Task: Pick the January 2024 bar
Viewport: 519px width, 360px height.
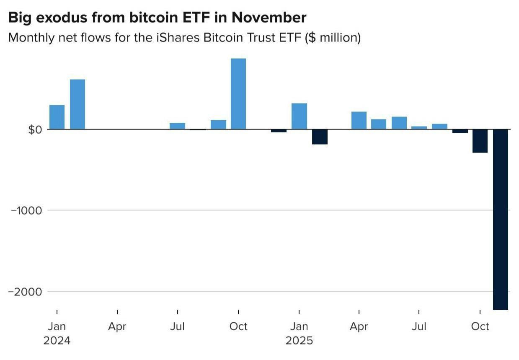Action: [57, 117]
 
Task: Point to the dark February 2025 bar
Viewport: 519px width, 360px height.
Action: [320, 137]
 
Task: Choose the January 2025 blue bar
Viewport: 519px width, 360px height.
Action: [299, 116]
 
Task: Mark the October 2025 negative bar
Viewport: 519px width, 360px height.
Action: [480, 141]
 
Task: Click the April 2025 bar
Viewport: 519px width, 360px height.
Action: [359, 120]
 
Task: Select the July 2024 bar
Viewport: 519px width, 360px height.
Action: [178, 126]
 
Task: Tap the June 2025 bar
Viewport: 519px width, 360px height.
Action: [399, 123]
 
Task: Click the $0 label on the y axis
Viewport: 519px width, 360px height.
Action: [35, 129]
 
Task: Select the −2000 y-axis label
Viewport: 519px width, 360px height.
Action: [26, 292]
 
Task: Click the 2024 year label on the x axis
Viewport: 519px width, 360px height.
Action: [57, 340]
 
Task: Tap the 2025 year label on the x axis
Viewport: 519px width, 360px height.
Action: [299, 340]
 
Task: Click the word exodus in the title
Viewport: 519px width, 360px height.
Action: [57, 18]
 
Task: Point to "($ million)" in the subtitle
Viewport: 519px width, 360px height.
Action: [333, 38]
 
